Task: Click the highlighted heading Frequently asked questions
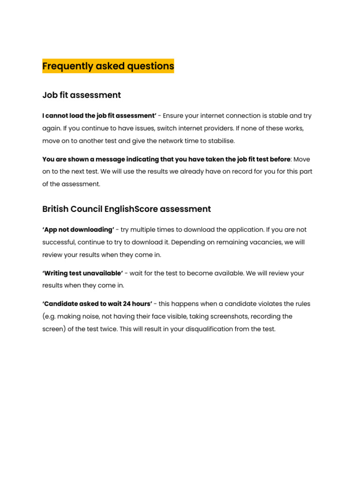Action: click(108, 66)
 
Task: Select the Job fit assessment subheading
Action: click(82, 95)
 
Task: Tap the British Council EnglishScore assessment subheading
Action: click(127, 209)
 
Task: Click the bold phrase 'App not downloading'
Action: click(78, 230)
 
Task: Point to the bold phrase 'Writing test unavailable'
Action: click(82, 273)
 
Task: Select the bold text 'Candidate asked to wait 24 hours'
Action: click(97, 304)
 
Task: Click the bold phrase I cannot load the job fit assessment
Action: click(99, 115)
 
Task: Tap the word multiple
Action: click(144, 230)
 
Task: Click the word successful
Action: click(59, 242)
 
